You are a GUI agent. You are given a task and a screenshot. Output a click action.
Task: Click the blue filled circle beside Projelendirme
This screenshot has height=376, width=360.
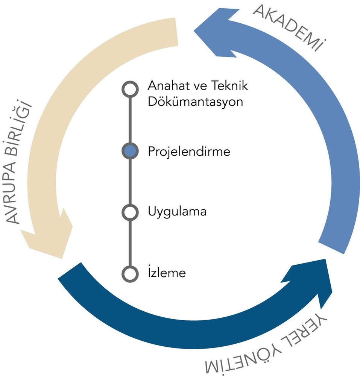pyautogui.click(x=130, y=151)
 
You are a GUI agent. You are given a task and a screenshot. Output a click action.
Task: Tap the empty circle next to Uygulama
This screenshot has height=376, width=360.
pyautogui.click(x=130, y=212)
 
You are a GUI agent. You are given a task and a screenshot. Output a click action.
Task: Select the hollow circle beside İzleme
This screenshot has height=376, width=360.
pyautogui.click(x=130, y=274)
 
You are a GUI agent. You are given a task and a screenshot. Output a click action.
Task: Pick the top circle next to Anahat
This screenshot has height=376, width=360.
pyautogui.click(x=130, y=89)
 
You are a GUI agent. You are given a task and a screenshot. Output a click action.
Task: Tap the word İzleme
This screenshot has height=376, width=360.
pyautogui.click(x=167, y=272)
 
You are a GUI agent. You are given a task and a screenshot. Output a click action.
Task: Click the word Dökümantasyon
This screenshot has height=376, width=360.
pyautogui.click(x=195, y=101)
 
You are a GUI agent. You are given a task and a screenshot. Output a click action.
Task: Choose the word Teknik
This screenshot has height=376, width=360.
pyautogui.click(x=229, y=86)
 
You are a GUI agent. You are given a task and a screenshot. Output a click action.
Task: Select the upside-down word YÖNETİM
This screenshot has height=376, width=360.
pyautogui.click(x=243, y=360)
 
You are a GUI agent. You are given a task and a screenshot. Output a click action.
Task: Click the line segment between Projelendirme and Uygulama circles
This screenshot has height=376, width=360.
pyautogui.click(x=130, y=182)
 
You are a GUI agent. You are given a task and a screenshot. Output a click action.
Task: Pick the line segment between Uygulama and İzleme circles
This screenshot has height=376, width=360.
pyautogui.click(x=130, y=243)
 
